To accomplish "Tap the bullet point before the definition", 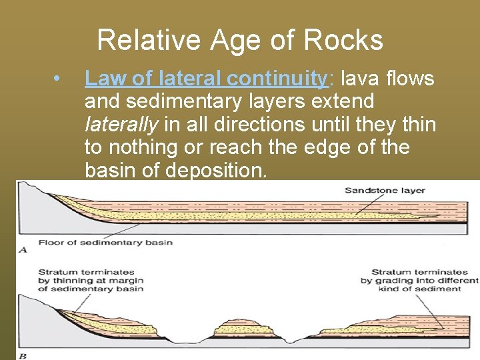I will tap(60, 79).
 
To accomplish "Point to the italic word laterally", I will tap(121, 125).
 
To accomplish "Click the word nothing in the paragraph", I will tap(149, 147).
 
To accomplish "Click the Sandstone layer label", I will tap(385, 191).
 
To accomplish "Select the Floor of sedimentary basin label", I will tap(105, 242).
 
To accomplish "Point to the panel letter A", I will tap(23, 249).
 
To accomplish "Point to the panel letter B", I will tap(23, 355).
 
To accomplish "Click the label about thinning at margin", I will tap(91, 280).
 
